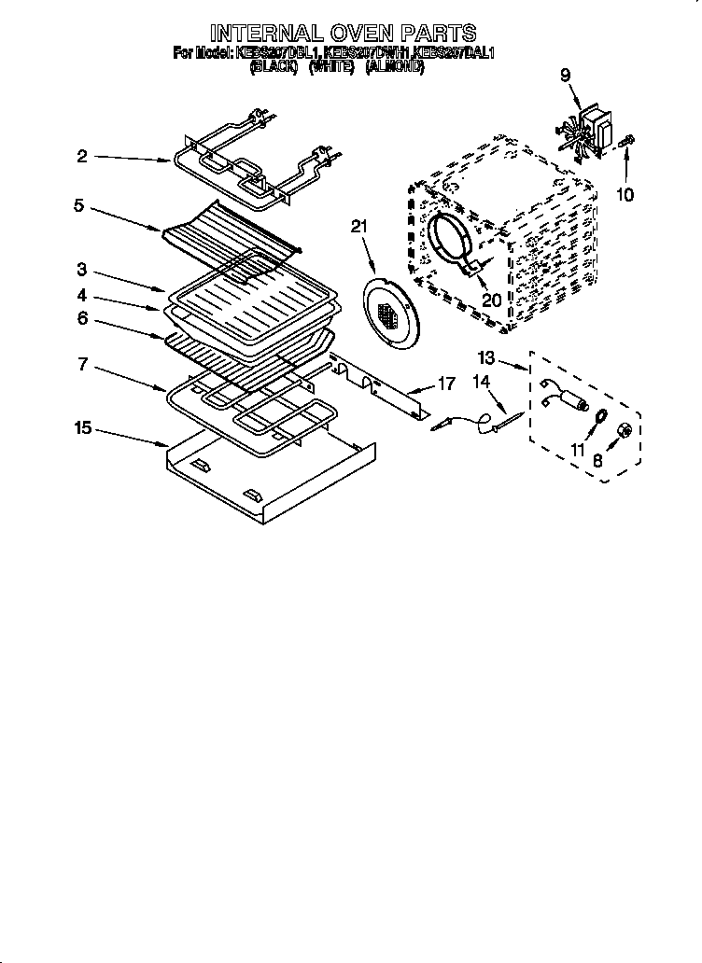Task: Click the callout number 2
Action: point(82,157)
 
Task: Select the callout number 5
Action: point(79,205)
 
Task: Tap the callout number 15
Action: point(83,428)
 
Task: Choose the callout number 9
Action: point(565,77)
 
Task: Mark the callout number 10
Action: point(625,195)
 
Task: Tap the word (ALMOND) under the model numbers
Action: point(395,68)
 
